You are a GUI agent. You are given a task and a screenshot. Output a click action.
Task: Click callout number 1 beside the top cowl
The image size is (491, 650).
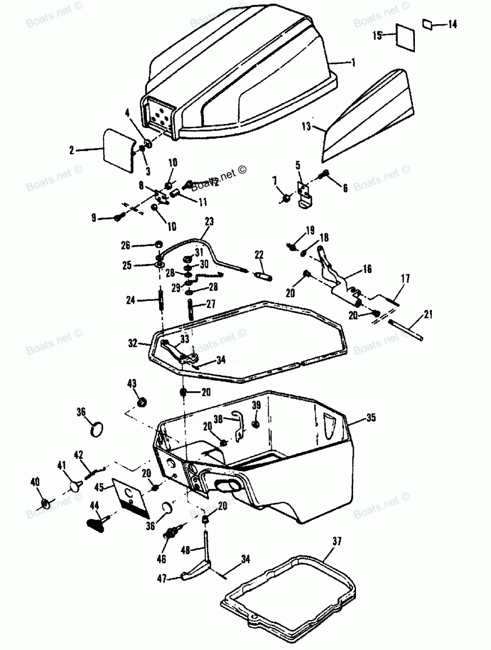pos(353,63)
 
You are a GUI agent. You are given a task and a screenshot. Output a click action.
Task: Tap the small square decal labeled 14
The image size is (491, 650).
pos(427,23)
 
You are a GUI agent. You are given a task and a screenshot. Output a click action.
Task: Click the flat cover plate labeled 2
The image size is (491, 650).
pos(118,150)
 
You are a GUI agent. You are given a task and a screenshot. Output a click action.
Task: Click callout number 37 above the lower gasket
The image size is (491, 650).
pos(337,542)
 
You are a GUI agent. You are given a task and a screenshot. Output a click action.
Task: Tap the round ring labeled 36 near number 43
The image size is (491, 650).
pos(97,428)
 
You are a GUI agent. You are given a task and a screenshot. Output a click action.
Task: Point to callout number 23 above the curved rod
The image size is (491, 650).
pos(209,222)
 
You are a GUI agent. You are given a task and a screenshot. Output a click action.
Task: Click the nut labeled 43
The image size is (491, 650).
pos(142,403)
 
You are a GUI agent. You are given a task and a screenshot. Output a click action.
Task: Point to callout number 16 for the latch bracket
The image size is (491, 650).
pos(367,269)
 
